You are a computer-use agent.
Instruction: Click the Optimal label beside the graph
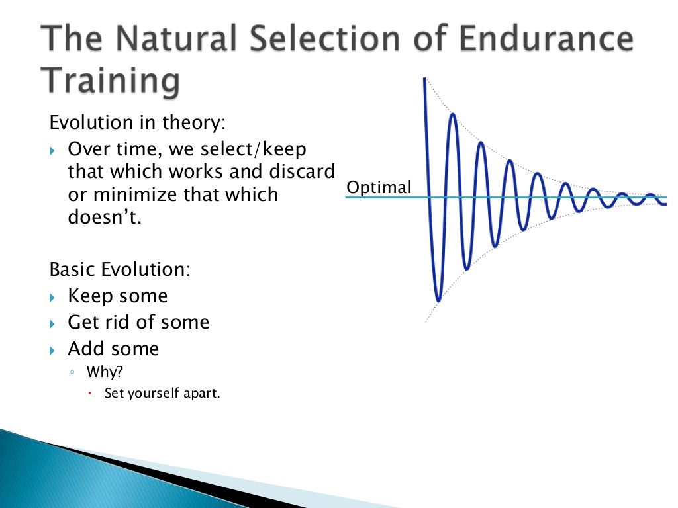point(379,187)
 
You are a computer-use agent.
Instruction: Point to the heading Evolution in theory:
point(138,122)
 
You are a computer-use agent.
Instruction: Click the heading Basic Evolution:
point(120,270)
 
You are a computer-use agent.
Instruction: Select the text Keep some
point(117,296)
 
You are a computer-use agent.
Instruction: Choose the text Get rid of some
point(138,322)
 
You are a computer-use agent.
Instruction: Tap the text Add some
point(113,348)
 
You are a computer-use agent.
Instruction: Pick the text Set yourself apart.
point(162,393)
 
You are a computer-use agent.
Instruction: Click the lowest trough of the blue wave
point(438,299)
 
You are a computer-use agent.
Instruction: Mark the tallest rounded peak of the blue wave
point(453,115)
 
